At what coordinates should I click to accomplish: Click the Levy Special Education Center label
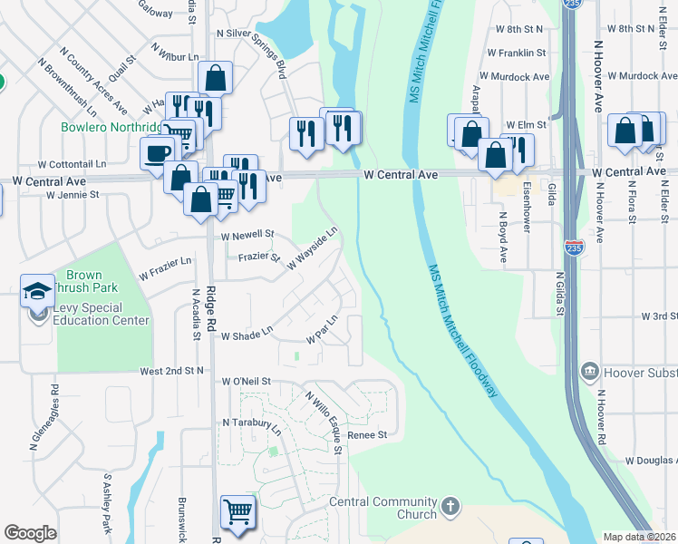tap(100, 315)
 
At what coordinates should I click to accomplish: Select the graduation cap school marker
tap(38, 290)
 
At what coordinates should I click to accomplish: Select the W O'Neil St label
tap(246, 382)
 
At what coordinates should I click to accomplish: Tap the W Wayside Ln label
tap(313, 248)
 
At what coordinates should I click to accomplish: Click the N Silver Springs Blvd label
tap(251, 50)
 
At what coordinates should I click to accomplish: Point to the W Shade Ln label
tap(246, 334)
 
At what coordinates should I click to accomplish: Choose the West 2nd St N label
tap(172, 371)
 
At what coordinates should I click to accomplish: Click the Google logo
tap(31, 533)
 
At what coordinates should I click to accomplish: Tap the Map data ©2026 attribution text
tap(640, 537)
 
